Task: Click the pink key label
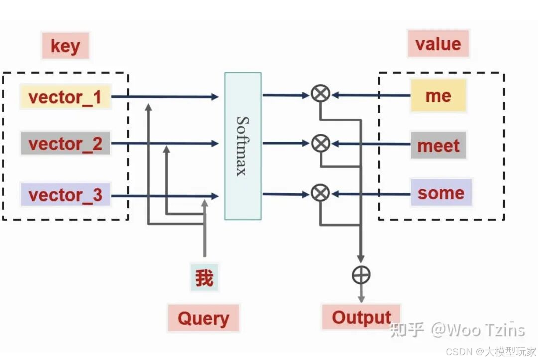(65, 46)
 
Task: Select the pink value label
(438, 43)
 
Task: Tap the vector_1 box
(65, 96)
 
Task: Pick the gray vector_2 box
(65, 143)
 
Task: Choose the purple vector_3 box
(65, 194)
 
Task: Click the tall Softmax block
(243, 146)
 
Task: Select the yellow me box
(438, 95)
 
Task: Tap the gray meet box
(438, 145)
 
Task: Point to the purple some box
(441, 192)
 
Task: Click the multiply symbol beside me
(320, 93)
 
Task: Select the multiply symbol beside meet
(320, 143)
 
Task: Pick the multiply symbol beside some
(320, 193)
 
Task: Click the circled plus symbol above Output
(361, 275)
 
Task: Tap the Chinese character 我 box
(205, 277)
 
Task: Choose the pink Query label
(203, 318)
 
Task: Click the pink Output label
(361, 317)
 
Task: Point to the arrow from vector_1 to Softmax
(165, 96)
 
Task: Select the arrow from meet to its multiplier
(371, 144)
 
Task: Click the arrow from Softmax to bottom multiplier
(286, 194)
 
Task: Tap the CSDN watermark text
(491, 351)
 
